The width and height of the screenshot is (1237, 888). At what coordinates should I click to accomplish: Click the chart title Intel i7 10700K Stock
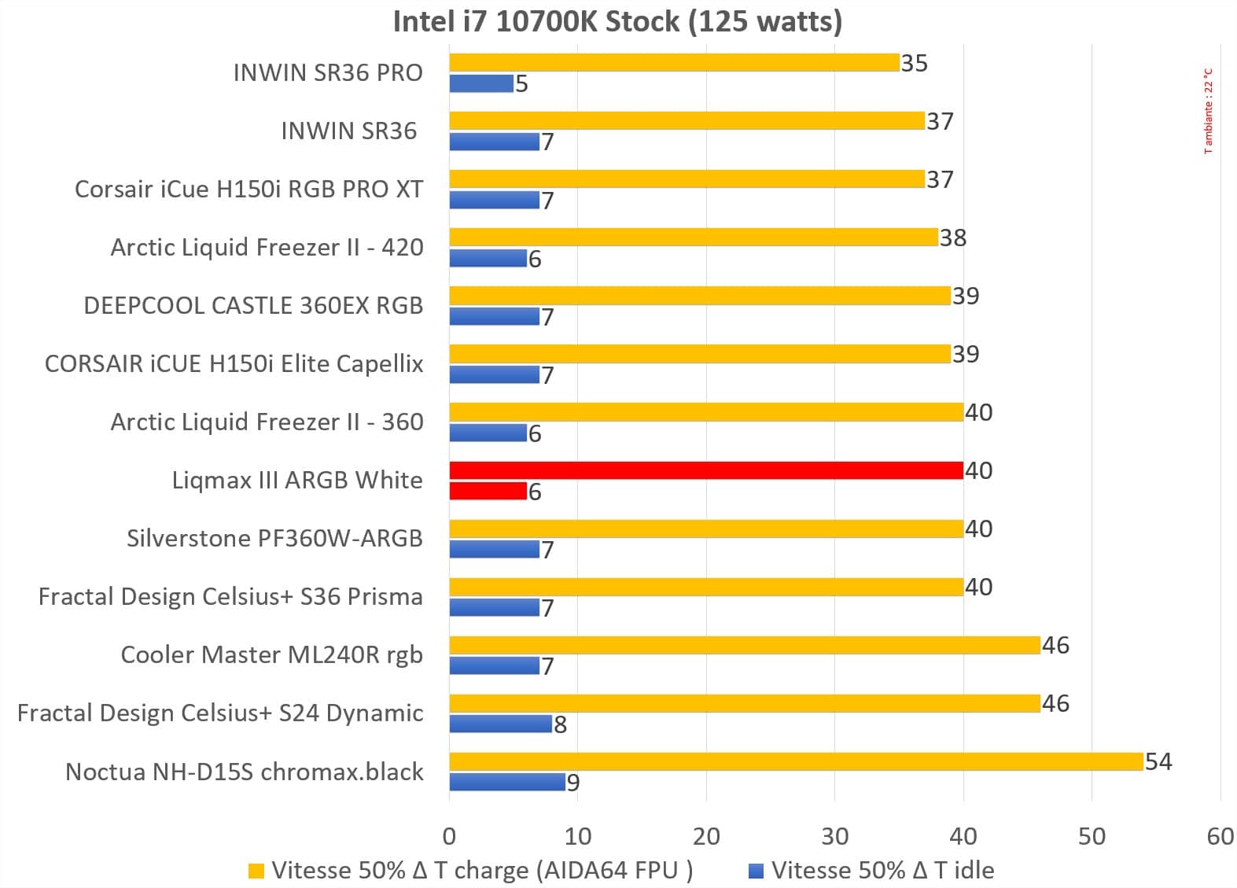tap(617, 21)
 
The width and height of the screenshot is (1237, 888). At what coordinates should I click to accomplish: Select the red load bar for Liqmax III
tap(705, 470)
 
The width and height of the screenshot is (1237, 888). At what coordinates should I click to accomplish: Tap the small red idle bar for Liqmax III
tap(488, 492)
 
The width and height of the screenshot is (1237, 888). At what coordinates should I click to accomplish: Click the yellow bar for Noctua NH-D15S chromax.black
tap(795, 761)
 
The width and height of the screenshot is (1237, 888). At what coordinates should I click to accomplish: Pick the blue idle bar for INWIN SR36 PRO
tap(481, 83)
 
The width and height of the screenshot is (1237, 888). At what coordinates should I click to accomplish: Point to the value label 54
tap(1158, 761)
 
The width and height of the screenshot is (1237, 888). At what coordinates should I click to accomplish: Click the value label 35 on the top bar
tap(915, 63)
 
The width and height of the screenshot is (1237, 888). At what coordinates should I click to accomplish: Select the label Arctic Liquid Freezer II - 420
tap(267, 247)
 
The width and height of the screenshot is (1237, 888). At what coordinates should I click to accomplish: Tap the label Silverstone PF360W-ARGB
tap(274, 538)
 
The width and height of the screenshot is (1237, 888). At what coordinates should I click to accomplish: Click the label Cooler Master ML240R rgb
tap(271, 654)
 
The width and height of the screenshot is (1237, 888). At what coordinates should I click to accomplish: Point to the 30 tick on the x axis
tap(834, 836)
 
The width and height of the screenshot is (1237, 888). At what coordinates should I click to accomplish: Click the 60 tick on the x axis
tap(1220, 836)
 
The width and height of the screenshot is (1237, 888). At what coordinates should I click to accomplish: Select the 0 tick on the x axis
tap(449, 836)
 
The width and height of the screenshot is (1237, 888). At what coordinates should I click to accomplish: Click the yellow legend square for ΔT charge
tap(256, 871)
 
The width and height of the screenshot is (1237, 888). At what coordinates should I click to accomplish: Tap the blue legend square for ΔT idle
tap(757, 871)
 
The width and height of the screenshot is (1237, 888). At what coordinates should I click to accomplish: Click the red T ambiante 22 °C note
tap(1209, 111)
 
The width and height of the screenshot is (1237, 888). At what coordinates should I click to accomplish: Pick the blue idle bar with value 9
tap(507, 782)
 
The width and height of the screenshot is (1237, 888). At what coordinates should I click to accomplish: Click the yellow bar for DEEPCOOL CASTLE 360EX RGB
tap(699, 296)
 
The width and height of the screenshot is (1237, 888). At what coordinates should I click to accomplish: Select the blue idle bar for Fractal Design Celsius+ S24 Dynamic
tap(500, 724)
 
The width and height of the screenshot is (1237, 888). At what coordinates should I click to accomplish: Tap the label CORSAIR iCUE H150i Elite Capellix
tap(234, 363)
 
